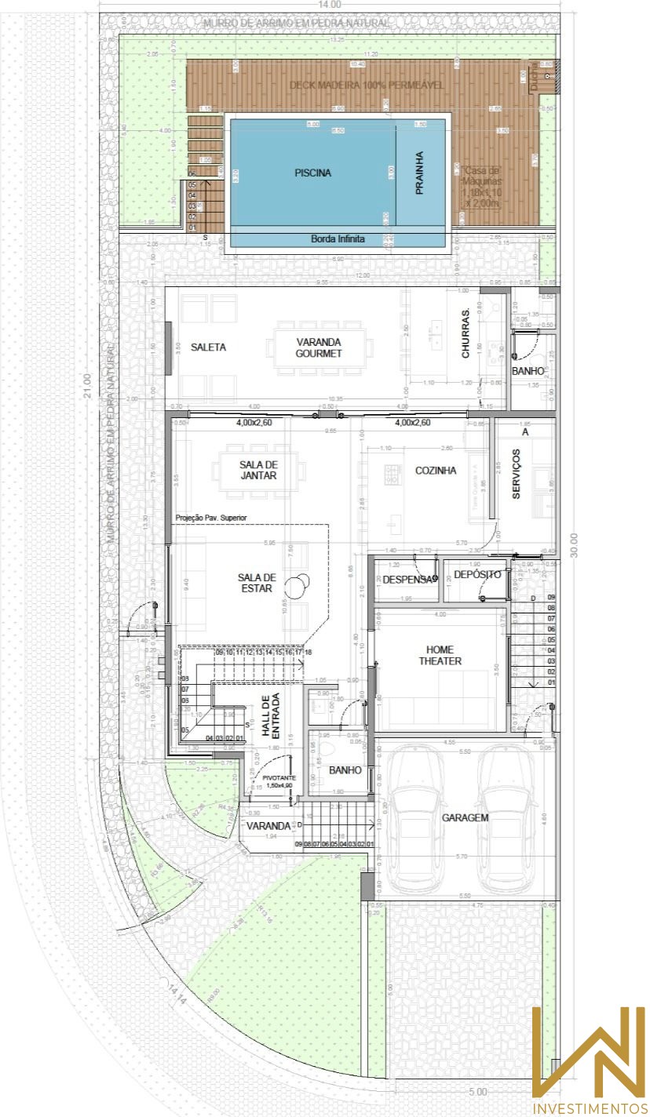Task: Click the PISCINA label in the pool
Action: coord(313,173)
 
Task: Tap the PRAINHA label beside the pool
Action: coord(419,173)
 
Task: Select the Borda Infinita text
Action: coord(338,239)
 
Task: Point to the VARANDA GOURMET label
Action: coord(319,347)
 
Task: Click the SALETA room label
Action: coord(208,347)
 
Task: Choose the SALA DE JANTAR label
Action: coord(259,469)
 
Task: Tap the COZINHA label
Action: coord(436,471)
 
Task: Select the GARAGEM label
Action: coord(465,817)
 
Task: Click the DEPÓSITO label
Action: coord(477,575)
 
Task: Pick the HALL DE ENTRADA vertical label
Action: coord(271,716)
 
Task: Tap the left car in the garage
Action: coord(416,820)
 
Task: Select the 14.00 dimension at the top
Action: coord(329,5)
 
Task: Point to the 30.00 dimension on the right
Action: coord(574,544)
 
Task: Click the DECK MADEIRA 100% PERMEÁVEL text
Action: coord(367,85)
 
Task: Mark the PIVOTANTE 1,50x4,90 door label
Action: coord(278,781)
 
